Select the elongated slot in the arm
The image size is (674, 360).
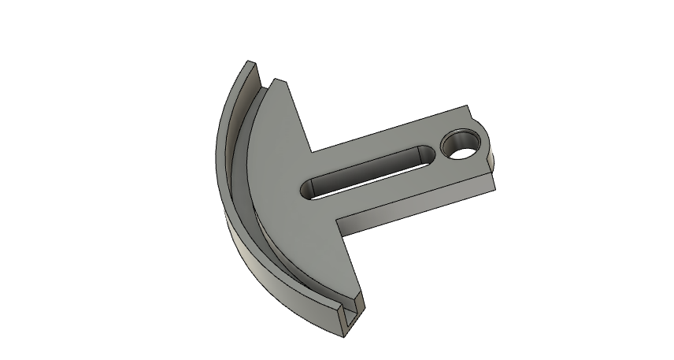[367, 169]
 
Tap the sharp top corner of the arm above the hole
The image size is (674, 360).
[468, 108]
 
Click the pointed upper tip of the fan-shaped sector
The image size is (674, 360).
[276, 79]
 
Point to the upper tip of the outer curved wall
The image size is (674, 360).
[249, 61]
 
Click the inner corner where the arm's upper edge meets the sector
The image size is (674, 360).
[309, 151]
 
